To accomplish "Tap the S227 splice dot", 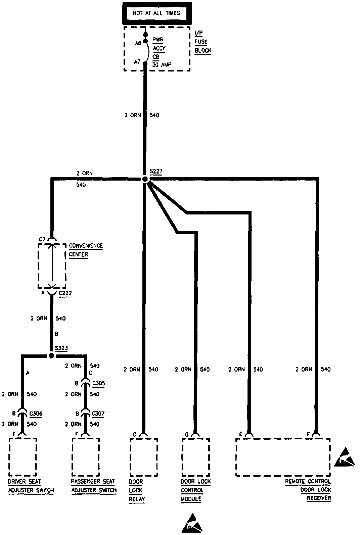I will pos(145,180).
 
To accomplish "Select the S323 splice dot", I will pos(51,356).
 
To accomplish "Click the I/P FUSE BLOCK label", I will pos(203,42).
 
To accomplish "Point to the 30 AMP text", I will pos(162,64).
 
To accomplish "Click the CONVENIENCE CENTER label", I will pos(86,250).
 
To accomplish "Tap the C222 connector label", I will pos(65,293).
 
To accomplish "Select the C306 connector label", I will pos(36,414).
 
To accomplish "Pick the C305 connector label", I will pos(98,383).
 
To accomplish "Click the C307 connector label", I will pos(98,414).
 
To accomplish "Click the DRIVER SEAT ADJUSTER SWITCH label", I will pos(31,486).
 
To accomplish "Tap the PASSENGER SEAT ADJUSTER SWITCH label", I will pos(94,486).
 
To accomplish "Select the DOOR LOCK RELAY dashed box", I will pos(143,457).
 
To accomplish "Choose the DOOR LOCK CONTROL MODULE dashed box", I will pos(196,457).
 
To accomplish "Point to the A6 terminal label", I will pos(138,43).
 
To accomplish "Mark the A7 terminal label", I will pos(137,61).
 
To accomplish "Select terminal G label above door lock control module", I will pos(187,435).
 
